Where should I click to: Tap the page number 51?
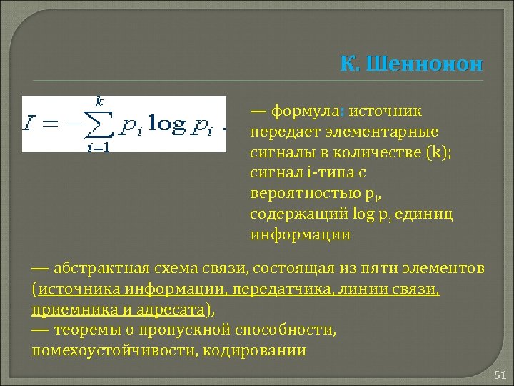tap(499, 375)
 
